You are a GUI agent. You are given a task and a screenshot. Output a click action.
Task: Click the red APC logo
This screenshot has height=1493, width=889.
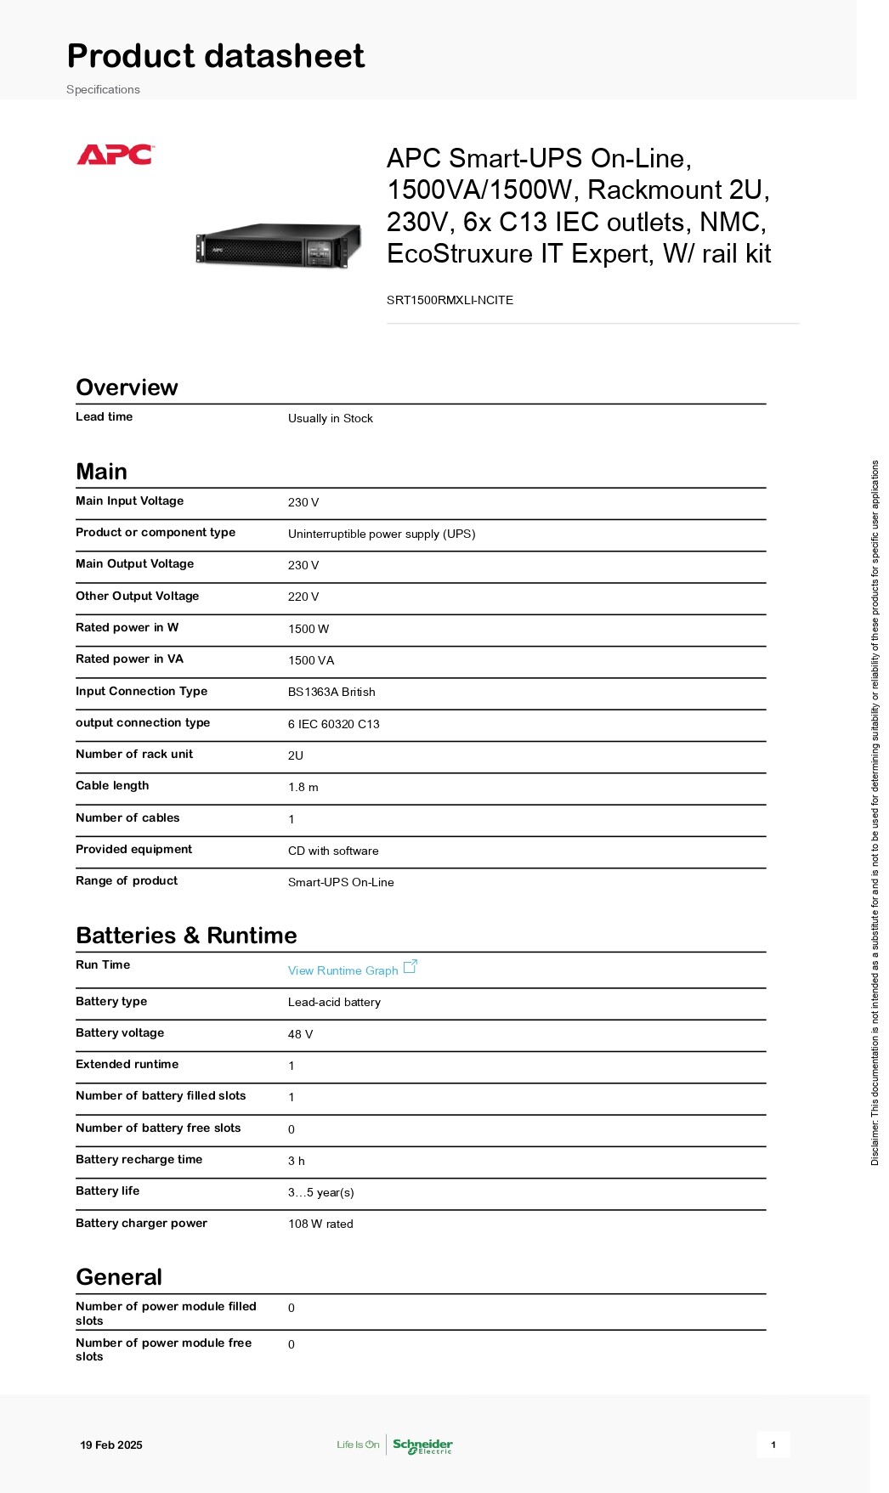115,155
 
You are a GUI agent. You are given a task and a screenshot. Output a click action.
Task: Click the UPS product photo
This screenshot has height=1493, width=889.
279,246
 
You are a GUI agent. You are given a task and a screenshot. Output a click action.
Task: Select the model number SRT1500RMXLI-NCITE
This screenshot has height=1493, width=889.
450,300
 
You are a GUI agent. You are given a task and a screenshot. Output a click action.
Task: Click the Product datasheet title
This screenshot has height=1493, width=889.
216,56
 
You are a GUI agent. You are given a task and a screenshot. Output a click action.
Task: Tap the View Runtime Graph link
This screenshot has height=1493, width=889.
343,970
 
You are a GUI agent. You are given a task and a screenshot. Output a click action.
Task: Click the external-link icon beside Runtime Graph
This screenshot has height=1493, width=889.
411,967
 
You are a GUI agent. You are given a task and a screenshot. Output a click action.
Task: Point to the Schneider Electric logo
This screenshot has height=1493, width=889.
422,1445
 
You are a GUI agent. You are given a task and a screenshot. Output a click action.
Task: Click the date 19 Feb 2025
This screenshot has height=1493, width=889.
111,1445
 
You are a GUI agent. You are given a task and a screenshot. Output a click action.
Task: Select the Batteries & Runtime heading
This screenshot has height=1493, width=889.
186,936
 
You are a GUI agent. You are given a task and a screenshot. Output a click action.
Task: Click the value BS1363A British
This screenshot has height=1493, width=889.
331,692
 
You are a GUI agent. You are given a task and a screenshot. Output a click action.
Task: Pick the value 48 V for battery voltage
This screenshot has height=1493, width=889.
300,1034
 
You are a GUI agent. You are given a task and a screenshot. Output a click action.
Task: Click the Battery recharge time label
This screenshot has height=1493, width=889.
139,1159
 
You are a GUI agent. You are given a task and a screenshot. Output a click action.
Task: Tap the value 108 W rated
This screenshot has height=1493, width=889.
320,1224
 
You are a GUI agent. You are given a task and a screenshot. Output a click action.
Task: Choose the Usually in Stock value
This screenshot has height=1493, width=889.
330,418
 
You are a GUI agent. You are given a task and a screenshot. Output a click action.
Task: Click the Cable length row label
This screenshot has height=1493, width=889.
112,785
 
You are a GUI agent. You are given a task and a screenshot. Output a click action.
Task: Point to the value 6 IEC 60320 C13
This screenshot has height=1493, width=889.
333,724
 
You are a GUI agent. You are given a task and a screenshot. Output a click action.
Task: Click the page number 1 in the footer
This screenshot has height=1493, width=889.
773,1445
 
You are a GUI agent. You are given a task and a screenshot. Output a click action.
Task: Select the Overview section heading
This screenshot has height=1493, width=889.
127,387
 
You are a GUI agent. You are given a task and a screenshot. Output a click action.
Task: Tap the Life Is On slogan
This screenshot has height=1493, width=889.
358,1445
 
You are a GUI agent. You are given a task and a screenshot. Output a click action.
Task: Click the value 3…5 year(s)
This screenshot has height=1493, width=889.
320,1192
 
